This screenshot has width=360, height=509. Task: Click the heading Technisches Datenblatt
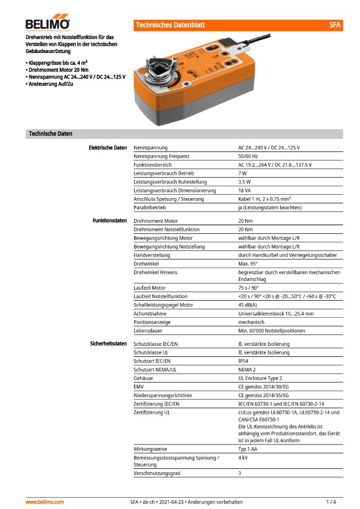click(x=170, y=25)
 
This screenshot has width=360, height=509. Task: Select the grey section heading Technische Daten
click(x=51, y=134)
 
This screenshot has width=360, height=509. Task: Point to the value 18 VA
click(x=245, y=190)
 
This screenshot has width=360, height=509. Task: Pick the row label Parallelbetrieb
click(x=149, y=207)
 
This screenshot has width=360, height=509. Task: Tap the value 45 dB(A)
click(x=247, y=305)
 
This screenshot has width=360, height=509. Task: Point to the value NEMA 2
click(x=247, y=369)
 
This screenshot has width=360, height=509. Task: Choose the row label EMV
click(x=139, y=386)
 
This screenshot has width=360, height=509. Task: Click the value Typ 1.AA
click(x=247, y=449)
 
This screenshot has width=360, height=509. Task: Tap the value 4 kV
click(x=243, y=458)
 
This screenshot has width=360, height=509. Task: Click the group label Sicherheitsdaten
click(x=108, y=344)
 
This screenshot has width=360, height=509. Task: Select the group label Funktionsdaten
click(x=110, y=221)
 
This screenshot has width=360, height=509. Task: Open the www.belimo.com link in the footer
click(x=45, y=502)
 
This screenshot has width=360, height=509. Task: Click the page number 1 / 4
click(x=331, y=502)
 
